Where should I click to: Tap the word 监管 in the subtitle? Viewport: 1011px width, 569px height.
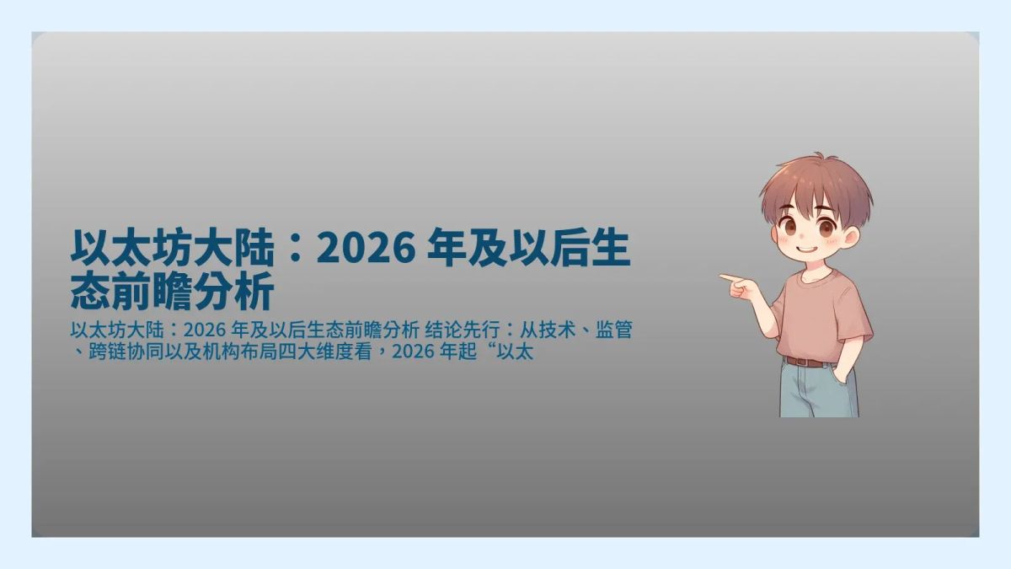pos(613,330)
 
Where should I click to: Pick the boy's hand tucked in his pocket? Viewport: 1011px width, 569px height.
pos(844,375)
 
